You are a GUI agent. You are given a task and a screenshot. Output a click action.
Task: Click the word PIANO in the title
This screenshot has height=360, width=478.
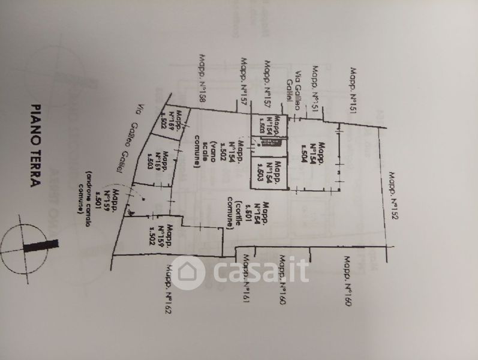point(37,123)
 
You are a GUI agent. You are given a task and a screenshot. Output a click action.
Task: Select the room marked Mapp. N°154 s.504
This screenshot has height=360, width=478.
point(318,156)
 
